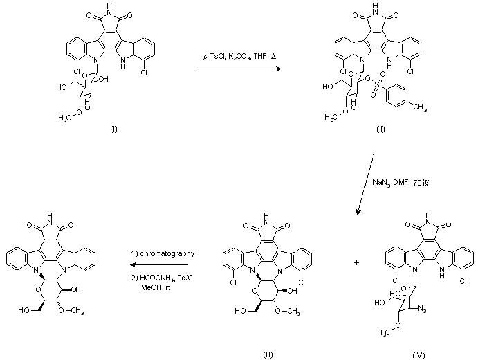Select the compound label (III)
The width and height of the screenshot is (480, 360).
click(268, 354)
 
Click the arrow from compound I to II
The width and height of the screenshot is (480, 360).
click(239, 69)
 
